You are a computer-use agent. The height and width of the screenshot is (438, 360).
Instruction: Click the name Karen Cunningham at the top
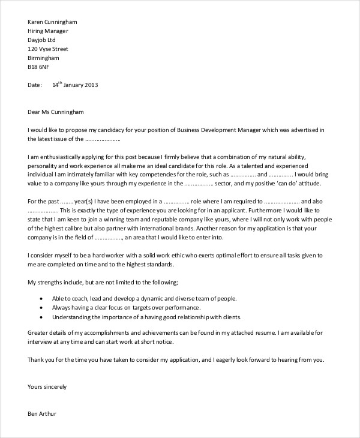click(x=53, y=22)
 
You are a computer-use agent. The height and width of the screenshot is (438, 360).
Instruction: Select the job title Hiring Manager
click(x=48, y=31)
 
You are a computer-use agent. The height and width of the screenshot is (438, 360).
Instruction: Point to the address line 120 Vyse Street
click(x=48, y=49)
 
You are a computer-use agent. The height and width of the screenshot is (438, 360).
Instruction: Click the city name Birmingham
click(x=44, y=58)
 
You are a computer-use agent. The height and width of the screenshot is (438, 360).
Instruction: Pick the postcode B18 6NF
click(x=39, y=67)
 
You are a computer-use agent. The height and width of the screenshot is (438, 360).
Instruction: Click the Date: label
click(x=35, y=85)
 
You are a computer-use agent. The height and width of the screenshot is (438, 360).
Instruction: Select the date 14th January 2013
click(x=74, y=85)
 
